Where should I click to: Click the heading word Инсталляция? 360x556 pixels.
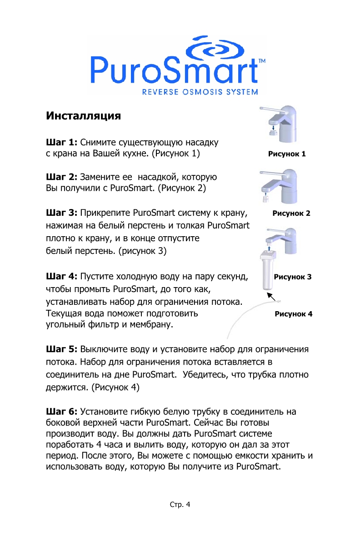pos(84,116)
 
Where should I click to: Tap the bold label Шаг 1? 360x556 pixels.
pos(63,143)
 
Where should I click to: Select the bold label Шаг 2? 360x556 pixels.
pos(63,177)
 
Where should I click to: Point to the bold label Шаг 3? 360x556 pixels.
pos(63,213)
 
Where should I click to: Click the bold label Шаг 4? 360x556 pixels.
pos(63,276)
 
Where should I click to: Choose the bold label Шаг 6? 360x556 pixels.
pos(63,412)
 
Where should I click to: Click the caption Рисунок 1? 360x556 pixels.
pos(287,154)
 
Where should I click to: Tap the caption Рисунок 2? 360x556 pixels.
pos(291,213)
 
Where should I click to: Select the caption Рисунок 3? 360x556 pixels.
pos(292,277)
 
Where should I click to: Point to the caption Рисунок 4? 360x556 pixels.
pos(293,314)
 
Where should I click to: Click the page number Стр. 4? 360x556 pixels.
pos(180,504)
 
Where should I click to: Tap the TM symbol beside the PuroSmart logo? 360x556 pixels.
pos(262,61)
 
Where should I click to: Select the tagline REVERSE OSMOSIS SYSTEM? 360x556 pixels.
pos(200,92)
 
